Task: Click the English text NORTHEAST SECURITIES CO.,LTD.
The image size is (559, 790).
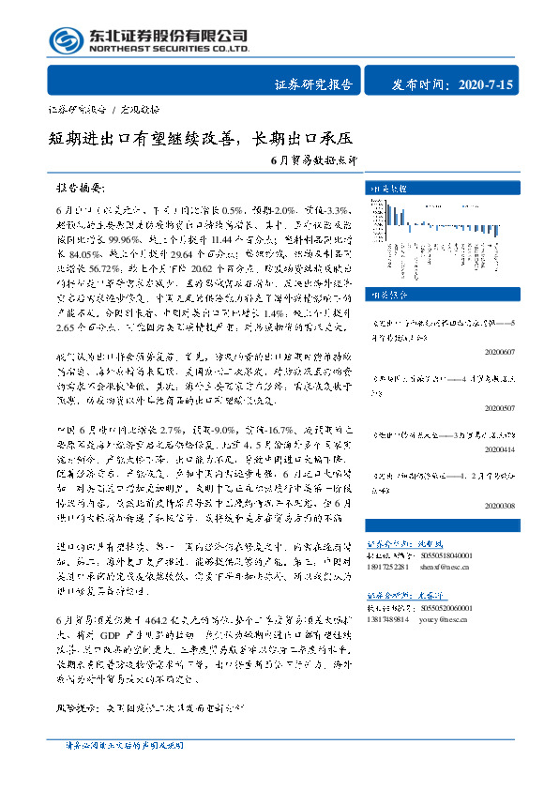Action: [169, 50]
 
